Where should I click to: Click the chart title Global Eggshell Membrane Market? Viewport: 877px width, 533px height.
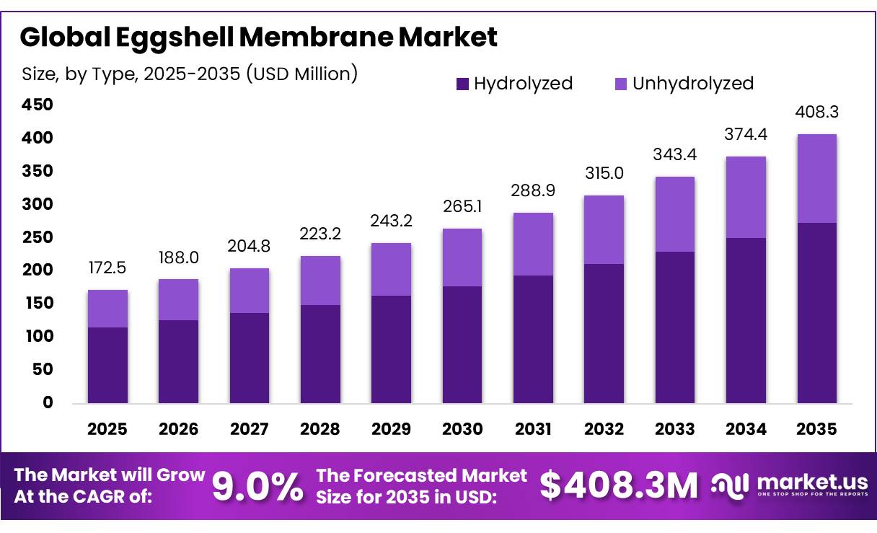[x=258, y=38]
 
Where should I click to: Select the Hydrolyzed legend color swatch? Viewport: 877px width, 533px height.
[x=462, y=84]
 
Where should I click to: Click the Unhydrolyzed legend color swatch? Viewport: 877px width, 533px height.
[x=621, y=84]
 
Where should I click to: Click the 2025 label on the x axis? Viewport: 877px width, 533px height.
[x=107, y=430]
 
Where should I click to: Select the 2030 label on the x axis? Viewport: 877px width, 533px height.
[x=462, y=430]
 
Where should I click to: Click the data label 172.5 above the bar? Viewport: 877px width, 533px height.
[x=107, y=268]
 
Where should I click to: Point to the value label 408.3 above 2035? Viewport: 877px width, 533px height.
[x=817, y=113]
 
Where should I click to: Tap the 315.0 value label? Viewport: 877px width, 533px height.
[x=604, y=174]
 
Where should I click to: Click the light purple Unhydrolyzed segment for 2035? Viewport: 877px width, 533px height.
[x=817, y=178]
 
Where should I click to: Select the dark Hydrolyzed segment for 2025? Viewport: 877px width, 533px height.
[x=107, y=365]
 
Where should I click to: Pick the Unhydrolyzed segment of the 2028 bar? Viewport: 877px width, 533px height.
[x=320, y=281]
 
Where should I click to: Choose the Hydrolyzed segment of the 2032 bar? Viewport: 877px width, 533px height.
[x=604, y=333]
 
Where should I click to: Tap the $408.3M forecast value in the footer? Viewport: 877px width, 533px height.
[x=619, y=485]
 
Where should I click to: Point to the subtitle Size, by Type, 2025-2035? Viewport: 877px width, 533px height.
[x=189, y=74]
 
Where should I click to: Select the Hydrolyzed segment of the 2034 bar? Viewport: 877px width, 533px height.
[x=746, y=320]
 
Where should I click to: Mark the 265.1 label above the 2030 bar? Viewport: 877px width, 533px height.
[x=462, y=208]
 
